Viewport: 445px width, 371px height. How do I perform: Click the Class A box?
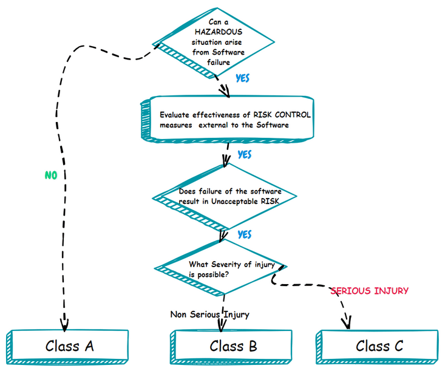[x=69, y=346]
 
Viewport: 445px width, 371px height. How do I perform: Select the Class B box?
[x=233, y=346]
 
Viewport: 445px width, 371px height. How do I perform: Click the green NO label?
[x=52, y=175]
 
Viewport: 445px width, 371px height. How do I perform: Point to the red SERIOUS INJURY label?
[x=369, y=291]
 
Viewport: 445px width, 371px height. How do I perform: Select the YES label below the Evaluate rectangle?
[x=244, y=155]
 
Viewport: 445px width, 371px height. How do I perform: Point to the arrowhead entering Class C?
[x=349, y=322]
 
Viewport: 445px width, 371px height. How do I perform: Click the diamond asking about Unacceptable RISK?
[x=226, y=197]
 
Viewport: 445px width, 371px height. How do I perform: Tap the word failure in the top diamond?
[x=219, y=62]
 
